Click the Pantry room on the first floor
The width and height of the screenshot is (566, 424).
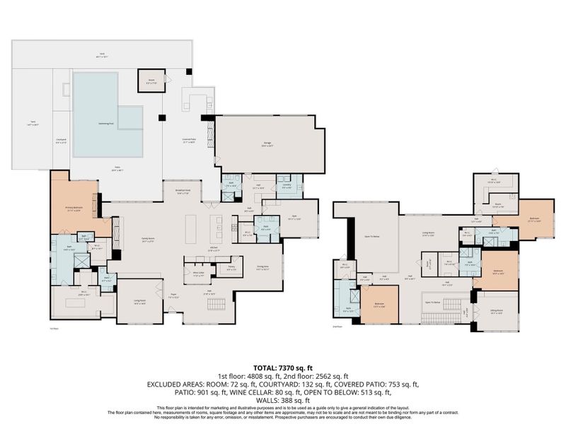coord(231,269)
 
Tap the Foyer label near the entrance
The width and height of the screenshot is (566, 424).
coord(173,297)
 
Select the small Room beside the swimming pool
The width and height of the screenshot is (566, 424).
coord(151,81)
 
